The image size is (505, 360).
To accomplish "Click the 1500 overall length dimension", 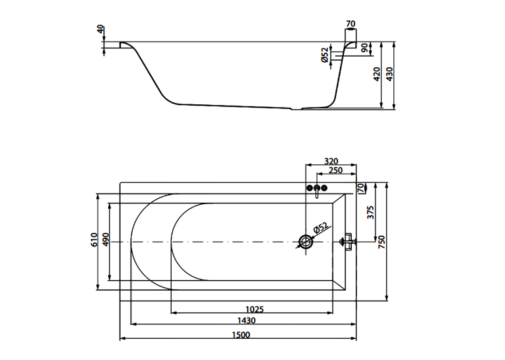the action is (241, 335).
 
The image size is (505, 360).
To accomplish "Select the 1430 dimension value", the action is (246, 320).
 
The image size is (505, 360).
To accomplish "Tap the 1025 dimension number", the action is (254, 310).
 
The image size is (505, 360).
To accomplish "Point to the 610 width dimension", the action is (94, 240).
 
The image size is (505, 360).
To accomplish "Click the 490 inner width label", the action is (106, 239).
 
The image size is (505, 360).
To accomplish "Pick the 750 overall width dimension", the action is (382, 242).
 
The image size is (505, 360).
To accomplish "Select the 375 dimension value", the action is (371, 213).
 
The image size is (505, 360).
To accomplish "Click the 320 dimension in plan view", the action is (331, 161).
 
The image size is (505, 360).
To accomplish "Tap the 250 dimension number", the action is (335, 170).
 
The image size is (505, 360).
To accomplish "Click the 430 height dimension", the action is (389, 74).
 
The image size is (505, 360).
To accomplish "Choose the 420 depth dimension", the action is (377, 74).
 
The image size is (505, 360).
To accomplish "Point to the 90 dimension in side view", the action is (364, 48).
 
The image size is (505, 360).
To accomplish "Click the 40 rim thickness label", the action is (101, 29).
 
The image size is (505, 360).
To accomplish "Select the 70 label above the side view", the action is (351, 24).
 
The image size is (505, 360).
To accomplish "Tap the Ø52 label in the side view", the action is (325, 55).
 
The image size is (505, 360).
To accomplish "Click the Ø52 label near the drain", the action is (320, 227).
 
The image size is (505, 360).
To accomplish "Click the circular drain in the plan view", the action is (306, 242).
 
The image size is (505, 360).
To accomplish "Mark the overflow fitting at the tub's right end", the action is (348, 241).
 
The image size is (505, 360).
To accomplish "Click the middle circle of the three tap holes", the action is (318, 187).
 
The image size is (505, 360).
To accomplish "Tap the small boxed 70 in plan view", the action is (360, 187).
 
